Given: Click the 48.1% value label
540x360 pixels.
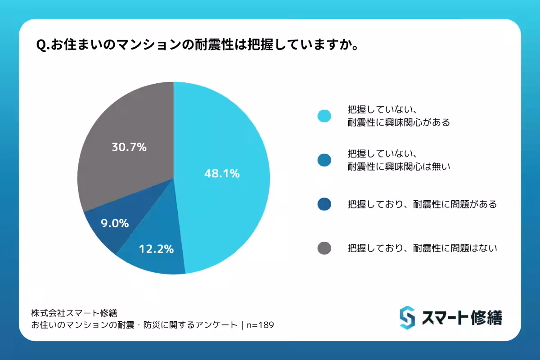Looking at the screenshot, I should coord(222,173).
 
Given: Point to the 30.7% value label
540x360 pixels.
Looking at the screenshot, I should coord(129,147).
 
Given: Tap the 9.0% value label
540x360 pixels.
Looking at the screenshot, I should coord(114,223).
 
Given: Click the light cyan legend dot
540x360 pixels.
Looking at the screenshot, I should coord(324,116).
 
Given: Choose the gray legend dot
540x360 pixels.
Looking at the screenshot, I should coord(324,248).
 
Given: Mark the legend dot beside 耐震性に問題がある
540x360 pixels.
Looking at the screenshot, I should coord(324,204).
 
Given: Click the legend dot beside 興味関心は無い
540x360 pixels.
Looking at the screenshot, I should coord(324,160).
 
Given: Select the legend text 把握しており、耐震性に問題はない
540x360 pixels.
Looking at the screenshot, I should coord(422,248).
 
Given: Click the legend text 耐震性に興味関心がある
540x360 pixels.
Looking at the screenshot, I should coord(399,122).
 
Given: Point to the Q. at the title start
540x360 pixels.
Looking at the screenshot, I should coord(44,45).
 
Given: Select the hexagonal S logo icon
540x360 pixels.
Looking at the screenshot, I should coord(407,318).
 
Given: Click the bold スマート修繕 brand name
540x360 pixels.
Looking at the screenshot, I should coord(462,318).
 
